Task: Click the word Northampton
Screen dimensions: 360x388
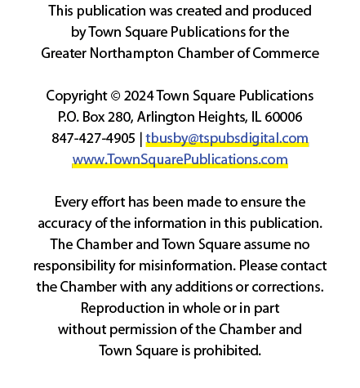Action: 131,54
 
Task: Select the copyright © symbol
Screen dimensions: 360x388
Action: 116,96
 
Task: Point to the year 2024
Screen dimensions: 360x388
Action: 139,96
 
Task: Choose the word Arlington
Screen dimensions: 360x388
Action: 166,118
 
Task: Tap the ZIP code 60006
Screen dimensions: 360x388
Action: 283,118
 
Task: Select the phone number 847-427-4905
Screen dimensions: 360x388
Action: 93,138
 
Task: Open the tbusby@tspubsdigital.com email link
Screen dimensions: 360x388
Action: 227,138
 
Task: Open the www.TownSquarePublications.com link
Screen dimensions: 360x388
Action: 180,159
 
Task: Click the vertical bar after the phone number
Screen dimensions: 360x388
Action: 140,139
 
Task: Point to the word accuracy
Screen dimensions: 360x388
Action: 64,224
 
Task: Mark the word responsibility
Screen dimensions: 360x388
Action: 74,266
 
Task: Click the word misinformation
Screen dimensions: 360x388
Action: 187,265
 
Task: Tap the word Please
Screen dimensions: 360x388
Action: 258,265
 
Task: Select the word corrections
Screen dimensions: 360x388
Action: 287,288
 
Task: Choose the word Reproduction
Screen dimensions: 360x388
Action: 122,309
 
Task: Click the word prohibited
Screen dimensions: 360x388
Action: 227,350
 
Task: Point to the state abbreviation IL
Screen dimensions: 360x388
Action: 256,118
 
